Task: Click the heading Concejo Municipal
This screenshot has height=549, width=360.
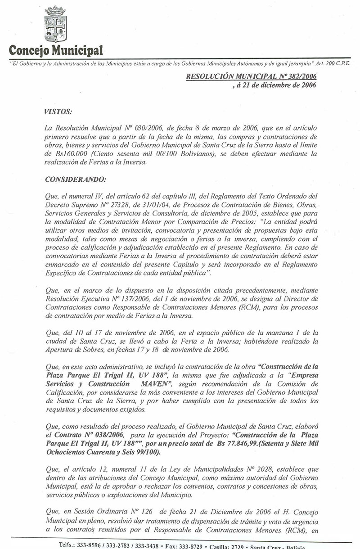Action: click(x=56, y=49)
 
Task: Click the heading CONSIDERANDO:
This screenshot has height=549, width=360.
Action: click(x=76, y=180)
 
